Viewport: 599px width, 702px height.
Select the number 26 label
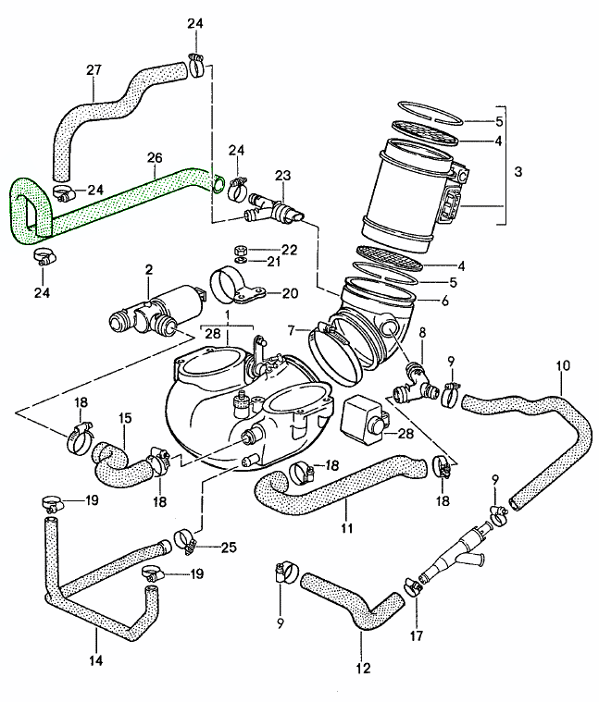(x=154, y=158)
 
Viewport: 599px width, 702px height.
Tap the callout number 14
(x=96, y=660)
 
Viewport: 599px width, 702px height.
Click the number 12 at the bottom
(x=362, y=667)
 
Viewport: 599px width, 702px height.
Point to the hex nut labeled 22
(x=237, y=250)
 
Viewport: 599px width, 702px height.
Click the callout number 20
(x=289, y=293)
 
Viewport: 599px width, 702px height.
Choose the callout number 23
(x=282, y=175)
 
